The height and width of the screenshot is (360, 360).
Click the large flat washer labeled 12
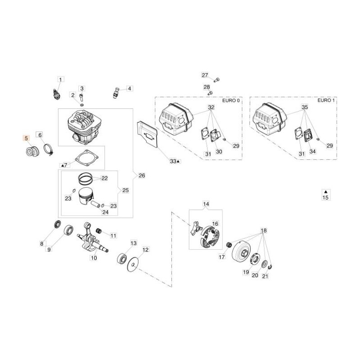(133, 264)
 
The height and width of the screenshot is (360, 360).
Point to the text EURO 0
(231, 101)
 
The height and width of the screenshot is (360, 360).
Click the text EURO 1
(324, 101)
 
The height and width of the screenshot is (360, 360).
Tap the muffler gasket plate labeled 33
(146, 135)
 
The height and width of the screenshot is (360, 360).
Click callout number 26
(142, 175)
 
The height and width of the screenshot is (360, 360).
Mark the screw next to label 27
(217, 80)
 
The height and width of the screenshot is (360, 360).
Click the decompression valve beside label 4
(115, 94)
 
